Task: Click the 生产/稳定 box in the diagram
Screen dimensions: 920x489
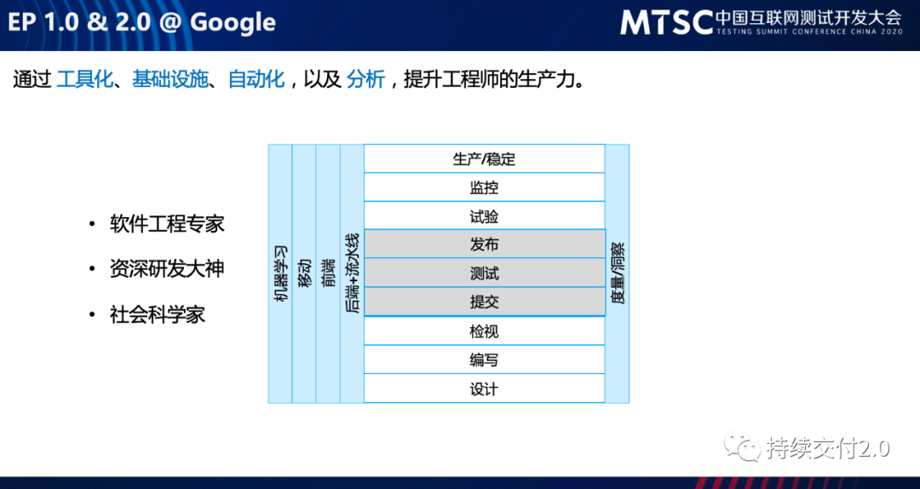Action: pos(484,158)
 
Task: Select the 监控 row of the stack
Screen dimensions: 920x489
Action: pos(484,187)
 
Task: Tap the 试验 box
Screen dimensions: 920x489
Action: pos(484,216)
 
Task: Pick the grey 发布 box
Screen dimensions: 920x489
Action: pos(484,244)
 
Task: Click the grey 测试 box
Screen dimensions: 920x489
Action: pos(484,273)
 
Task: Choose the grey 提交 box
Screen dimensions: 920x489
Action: pos(484,302)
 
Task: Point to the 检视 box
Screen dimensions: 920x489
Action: pos(484,331)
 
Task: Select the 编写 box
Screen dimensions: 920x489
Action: pos(484,360)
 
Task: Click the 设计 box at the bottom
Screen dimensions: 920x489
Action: pos(484,388)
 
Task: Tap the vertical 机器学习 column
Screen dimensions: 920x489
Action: pos(280,273)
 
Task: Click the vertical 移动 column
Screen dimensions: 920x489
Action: pos(304,273)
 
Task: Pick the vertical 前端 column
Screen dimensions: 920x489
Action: pos(328,273)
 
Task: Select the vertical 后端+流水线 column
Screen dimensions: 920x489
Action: pos(352,273)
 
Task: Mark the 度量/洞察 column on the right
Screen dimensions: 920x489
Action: pos(618,273)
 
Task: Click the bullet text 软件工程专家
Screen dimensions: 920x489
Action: pos(167,224)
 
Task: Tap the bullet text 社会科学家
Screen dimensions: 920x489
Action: pos(158,314)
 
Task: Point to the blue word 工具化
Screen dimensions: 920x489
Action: pos(84,80)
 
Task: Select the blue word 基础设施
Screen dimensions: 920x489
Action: pos(170,80)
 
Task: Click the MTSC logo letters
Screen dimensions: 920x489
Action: pos(665,22)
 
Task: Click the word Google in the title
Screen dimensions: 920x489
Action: pos(233,22)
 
